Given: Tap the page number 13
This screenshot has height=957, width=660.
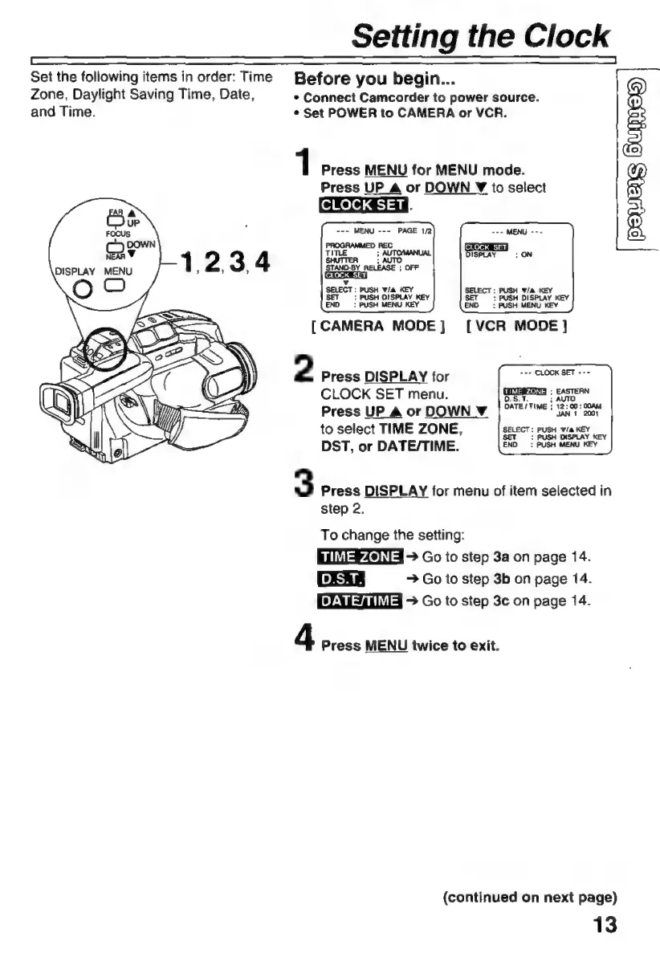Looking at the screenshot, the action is tap(603, 924).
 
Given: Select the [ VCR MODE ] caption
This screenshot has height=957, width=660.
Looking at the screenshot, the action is tap(516, 328).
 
